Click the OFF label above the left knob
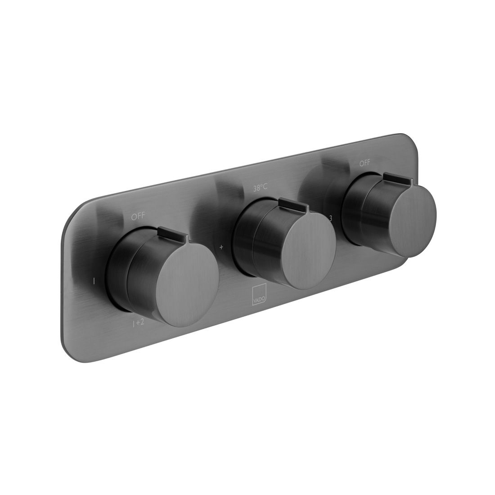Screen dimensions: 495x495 tap(138, 216)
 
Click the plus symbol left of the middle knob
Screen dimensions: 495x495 tap(221, 247)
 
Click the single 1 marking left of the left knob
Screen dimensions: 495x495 tap(93, 281)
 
